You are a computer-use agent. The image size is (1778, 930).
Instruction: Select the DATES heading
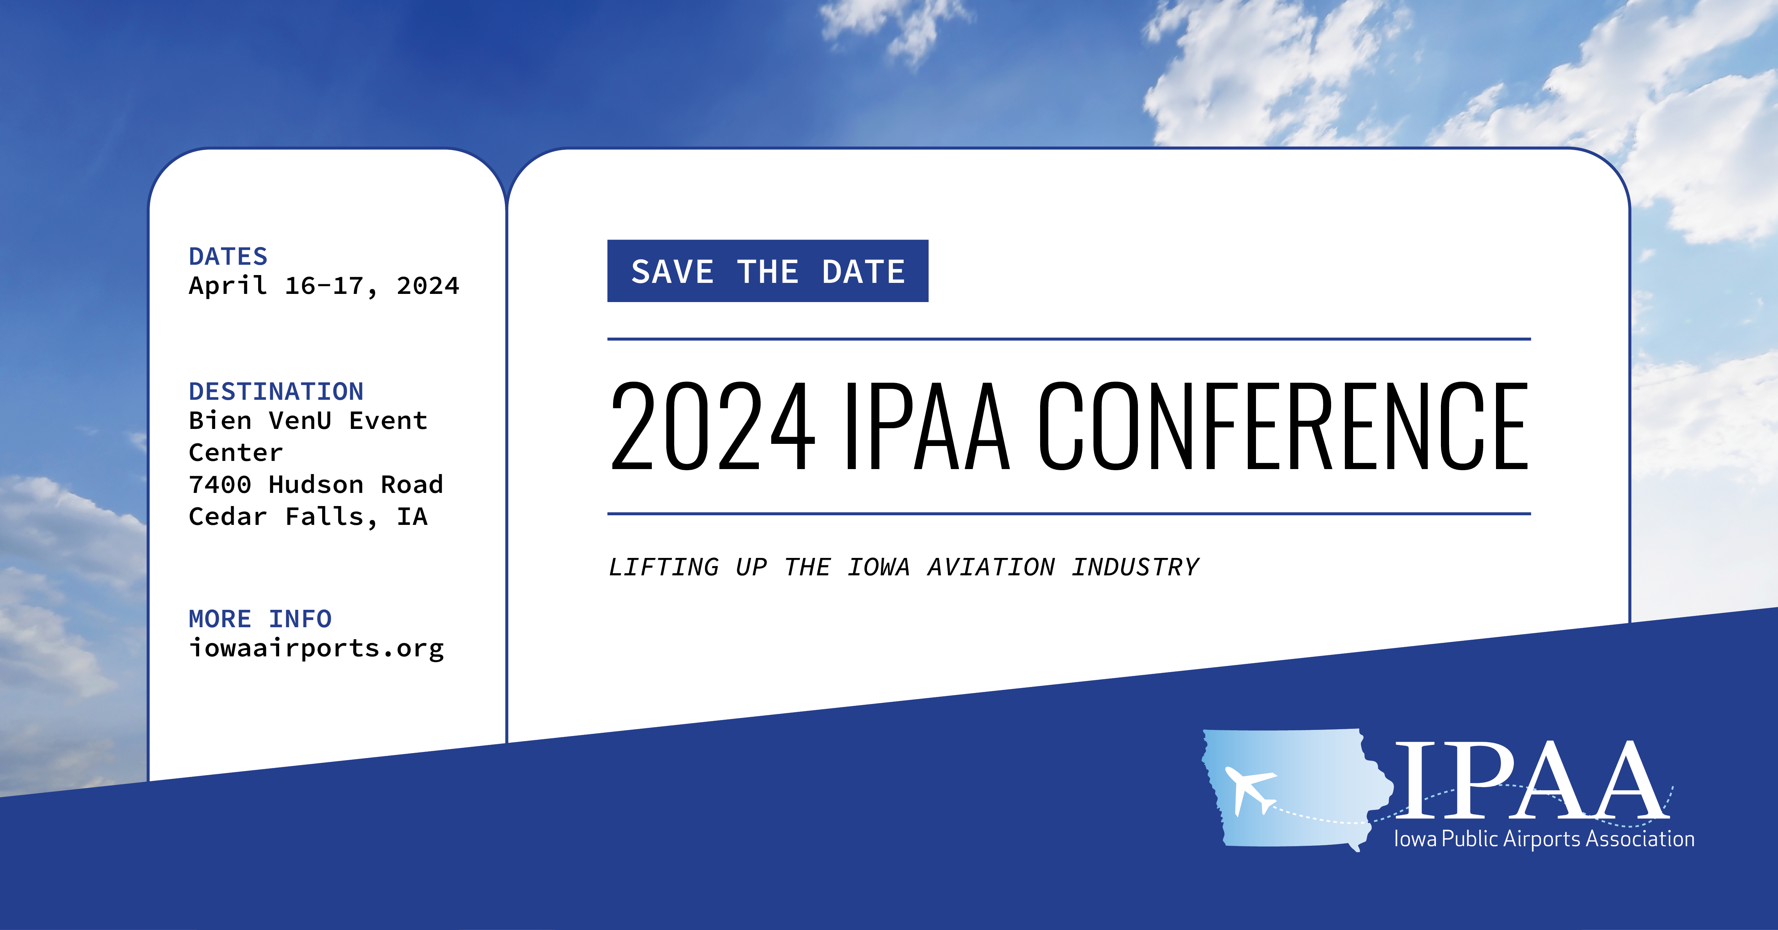coord(228,257)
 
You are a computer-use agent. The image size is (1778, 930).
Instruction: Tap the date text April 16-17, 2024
coord(324,286)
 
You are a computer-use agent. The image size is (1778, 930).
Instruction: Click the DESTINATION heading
coord(276,391)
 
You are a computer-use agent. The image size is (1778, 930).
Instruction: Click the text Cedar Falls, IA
coord(308,517)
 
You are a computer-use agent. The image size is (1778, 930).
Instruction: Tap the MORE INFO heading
coord(260,619)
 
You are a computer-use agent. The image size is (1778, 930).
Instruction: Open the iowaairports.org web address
coord(316,649)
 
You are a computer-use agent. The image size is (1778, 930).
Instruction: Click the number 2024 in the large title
coord(713,426)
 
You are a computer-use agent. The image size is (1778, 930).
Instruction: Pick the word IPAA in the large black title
coord(926,426)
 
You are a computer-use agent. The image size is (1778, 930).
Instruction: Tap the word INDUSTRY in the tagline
coord(1135,567)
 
